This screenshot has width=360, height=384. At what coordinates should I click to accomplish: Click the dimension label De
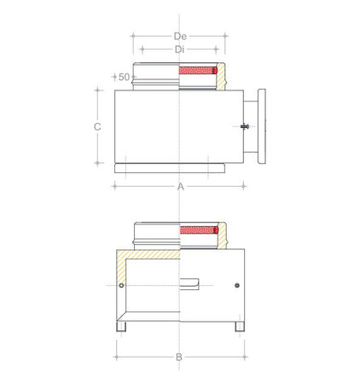click(179, 36)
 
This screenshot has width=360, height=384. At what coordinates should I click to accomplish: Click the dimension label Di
click(179, 49)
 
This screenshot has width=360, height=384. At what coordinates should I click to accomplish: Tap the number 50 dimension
click(124, 77)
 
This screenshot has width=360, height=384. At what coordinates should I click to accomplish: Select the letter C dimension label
click(97, 126)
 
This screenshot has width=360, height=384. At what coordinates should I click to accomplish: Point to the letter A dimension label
click(179, 185)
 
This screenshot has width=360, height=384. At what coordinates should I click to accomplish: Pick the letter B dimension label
click(179, 357)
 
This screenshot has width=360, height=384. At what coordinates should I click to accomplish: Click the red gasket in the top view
click(198, 72)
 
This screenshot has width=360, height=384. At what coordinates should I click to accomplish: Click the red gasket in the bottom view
click(198, 230)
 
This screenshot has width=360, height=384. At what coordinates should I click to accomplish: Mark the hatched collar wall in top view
click(221, 81)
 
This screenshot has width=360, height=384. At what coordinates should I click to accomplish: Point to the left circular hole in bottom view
click(123, 284)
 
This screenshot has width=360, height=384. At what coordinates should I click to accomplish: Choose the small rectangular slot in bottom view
click(193, 282)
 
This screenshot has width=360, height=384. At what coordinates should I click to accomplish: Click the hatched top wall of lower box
click(149, 254)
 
